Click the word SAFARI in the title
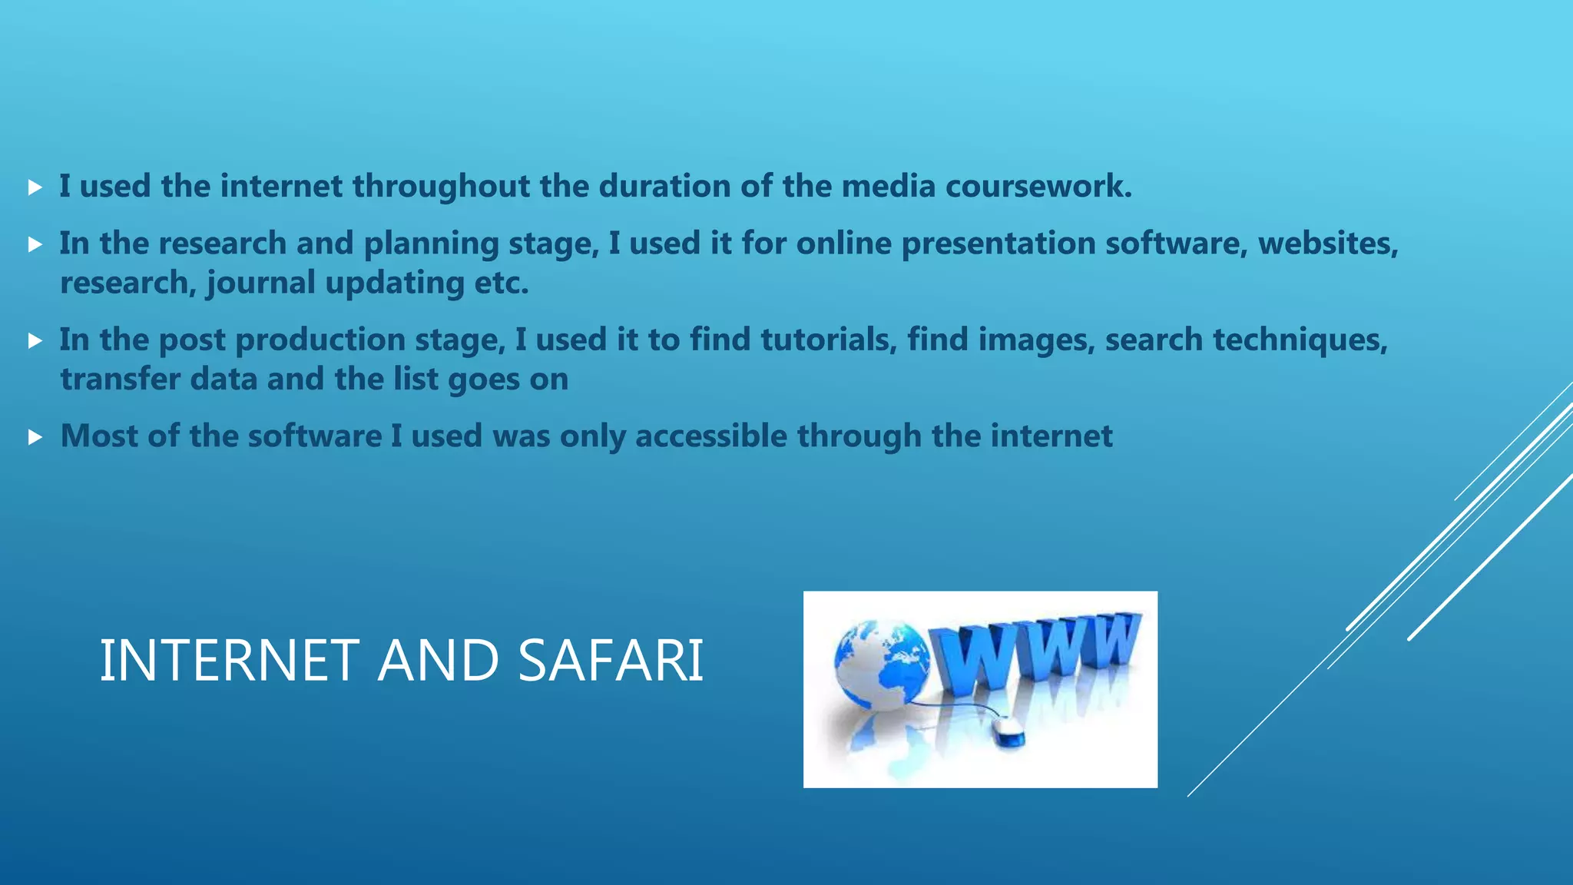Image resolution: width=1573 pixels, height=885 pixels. [x=611, y=661]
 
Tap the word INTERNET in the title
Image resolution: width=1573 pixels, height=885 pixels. [x=229, y=661]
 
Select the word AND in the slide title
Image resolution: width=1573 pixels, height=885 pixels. [x=439, y=661]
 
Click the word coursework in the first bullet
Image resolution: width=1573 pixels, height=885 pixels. [x=1038, y=187]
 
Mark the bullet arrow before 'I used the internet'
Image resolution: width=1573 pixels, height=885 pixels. [x=35, y=187]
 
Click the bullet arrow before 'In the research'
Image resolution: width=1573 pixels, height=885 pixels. [x=35, y=244]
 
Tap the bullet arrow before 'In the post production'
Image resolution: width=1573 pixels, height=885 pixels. [x=35, y=340]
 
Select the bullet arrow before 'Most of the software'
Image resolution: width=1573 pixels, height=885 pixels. [x=35, y=437]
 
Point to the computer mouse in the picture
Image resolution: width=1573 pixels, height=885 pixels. [x=1007, y=730]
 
